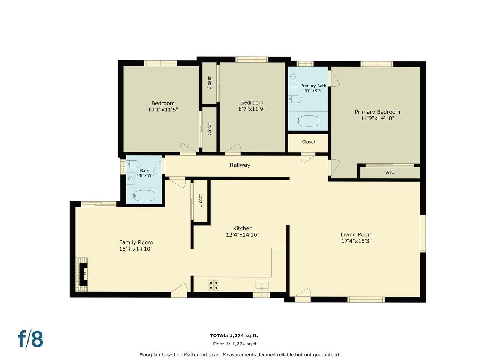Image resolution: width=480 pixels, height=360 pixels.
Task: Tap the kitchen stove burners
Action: click(214, 285)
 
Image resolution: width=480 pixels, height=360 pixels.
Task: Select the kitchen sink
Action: click(262, 285)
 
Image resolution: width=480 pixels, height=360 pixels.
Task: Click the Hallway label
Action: click(240, 165)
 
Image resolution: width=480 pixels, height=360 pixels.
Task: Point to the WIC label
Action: click(390, 172)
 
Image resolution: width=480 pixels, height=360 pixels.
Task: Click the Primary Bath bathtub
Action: click(308, 121)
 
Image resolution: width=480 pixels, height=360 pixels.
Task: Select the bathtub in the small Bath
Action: click(144, 196)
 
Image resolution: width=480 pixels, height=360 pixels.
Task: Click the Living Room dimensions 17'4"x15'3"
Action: click(356, 241)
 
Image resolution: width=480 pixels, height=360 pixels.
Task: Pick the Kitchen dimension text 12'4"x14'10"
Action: click(243, 235)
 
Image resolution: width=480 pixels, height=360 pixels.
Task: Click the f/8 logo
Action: click(30, 339)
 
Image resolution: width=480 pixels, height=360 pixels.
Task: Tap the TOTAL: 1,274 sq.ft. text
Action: click(234, 336)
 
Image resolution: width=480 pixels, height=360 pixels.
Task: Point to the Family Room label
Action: click(136, 242)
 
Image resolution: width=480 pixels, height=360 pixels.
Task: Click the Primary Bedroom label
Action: click(377, 112)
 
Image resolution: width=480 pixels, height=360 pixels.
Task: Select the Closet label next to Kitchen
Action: click(201, 201)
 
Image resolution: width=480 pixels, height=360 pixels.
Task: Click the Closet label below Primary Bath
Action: click(309, 142)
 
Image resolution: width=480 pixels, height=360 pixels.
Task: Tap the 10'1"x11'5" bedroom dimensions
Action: click(163, 110)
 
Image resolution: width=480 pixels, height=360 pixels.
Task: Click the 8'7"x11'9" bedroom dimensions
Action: click(252, 109)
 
